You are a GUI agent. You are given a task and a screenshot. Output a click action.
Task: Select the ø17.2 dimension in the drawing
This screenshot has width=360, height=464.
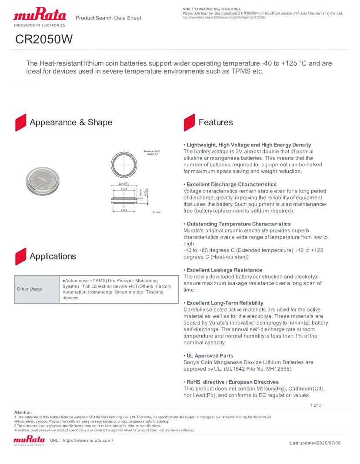(x=124, y=210)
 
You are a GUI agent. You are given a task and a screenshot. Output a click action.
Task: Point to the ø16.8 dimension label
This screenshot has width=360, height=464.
(x=124, y=189)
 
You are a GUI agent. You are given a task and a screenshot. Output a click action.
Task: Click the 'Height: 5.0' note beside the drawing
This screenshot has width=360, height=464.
(x=153, y=154)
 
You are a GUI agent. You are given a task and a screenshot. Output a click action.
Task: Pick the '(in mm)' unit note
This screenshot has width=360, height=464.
(x=157, y=212)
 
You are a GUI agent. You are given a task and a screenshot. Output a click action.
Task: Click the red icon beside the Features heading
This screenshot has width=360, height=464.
(x=189, y=123)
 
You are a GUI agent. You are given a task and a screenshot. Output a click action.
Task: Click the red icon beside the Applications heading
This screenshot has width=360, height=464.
(x=20, y=256)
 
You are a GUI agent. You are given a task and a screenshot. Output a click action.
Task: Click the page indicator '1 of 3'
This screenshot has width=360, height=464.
(x=316, y=405)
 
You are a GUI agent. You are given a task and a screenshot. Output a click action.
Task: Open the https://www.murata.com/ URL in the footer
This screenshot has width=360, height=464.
(x=88, y=441)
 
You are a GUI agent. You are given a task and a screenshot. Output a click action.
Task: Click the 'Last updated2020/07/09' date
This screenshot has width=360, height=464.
(x=315, y=443)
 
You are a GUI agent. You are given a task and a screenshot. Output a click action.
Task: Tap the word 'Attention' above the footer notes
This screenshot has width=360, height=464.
(x=23, y=412)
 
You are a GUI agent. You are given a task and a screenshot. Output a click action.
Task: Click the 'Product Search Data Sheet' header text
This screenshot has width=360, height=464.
(x=108, y=18)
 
